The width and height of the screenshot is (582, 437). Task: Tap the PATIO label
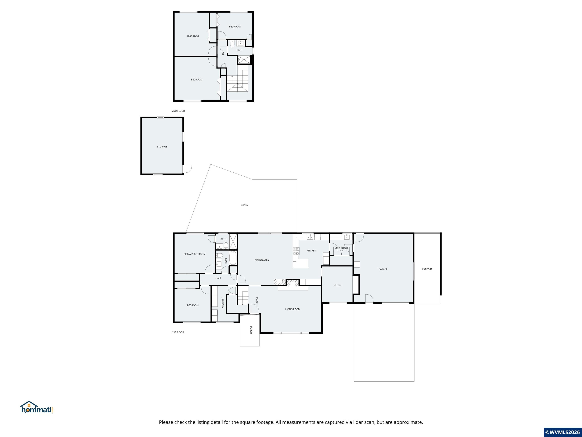click(x=244, y=205)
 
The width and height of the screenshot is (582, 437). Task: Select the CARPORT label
click(x=427, y=269)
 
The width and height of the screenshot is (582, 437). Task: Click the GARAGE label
click(x=383, y=269)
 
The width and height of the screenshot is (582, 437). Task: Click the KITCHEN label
click(x=311, y=251)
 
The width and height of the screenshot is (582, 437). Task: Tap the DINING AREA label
click(x=261, y=260)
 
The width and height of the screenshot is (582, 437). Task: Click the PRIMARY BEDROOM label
click(x=194, y=254)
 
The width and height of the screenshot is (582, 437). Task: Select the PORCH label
click(x=251, y=330)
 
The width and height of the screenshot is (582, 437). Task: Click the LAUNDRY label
click(x=222, y=303)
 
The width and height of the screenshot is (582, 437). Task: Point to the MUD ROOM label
click(x=341, y=248)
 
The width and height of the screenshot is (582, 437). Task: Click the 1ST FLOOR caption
click(x=178, y=332)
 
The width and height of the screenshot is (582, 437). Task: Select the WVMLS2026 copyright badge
click(x=562, y=432)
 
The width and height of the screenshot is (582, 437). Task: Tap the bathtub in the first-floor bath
click(x=233, y=258)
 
